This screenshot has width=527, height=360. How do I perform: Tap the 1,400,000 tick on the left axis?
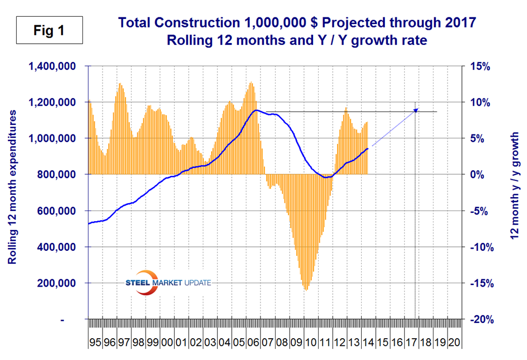pos(55,66)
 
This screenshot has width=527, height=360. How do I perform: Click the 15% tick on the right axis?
pos(480,66)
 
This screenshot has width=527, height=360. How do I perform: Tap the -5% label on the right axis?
pos(481,211)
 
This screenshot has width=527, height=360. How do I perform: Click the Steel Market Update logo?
pos(168,282)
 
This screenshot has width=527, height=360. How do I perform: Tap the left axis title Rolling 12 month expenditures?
pos(12,188)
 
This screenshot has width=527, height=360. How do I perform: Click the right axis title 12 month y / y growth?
pos(514,188)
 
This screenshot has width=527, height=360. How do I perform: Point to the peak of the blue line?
pos(256,110)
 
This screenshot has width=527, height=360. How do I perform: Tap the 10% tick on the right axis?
pos(480,102)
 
